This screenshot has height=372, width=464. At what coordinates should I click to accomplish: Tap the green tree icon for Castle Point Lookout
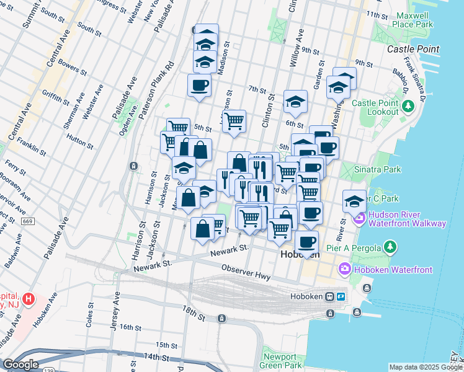pos(408,106)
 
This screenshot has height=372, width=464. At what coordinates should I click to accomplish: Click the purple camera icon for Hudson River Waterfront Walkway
pos(359,219)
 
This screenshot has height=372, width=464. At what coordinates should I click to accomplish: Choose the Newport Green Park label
pos(282,361)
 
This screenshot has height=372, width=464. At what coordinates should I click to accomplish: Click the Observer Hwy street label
pos(246,270)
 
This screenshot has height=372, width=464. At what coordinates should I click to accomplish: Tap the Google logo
pos(20,365)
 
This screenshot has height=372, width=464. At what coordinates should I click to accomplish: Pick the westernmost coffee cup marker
pos(199,85)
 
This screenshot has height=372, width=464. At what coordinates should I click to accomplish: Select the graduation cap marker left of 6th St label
pos(296,102)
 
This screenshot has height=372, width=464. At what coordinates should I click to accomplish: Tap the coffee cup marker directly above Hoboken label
pos(306,241)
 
